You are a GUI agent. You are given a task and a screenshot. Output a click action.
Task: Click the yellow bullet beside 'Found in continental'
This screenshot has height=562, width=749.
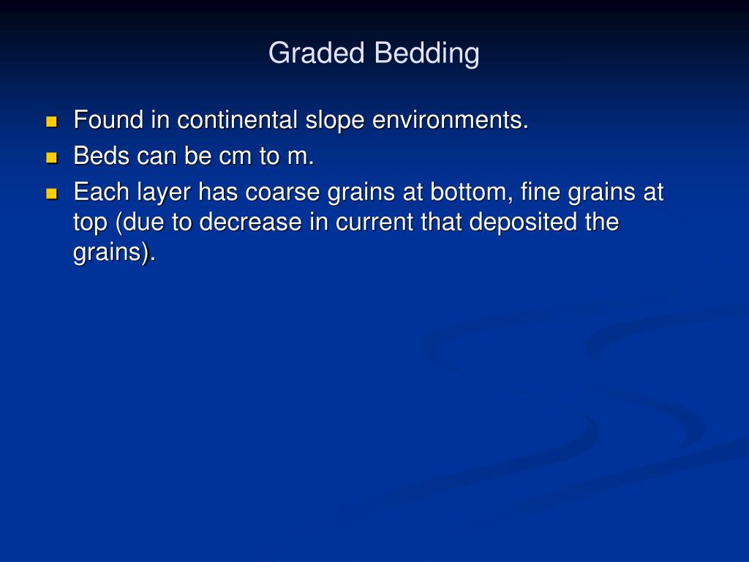51,121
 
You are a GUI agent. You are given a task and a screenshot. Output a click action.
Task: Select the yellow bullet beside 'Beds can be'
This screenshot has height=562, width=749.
51,157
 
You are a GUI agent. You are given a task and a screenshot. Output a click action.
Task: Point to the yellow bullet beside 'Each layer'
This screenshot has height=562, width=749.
51,194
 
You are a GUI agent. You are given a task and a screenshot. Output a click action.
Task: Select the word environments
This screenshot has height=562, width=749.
450,119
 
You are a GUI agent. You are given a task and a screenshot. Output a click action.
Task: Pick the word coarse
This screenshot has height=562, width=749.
282,192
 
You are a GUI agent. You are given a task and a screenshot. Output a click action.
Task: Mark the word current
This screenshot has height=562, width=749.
374,222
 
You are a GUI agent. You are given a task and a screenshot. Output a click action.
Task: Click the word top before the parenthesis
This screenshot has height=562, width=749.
90,222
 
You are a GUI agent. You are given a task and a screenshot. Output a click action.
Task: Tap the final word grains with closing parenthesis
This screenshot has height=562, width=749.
115,252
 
